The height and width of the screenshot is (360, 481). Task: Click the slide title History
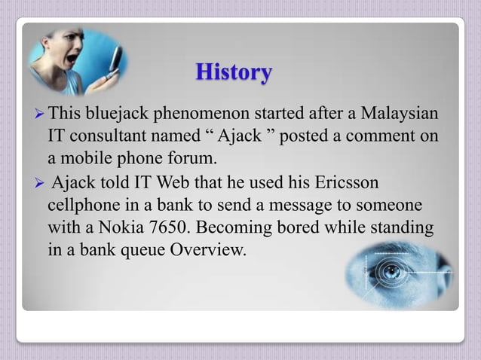[233, 73]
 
